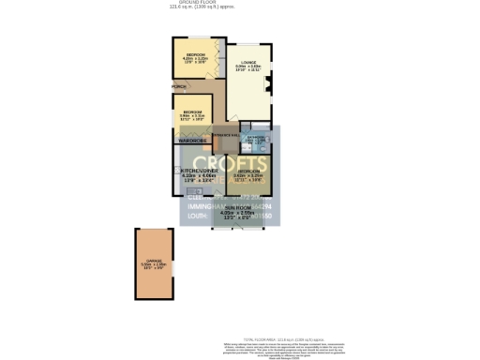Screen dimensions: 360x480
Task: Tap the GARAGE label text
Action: [x=155, y=261]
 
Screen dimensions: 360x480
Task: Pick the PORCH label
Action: [x=178, y=87]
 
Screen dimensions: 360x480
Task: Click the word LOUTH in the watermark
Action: [x=196, y=216]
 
